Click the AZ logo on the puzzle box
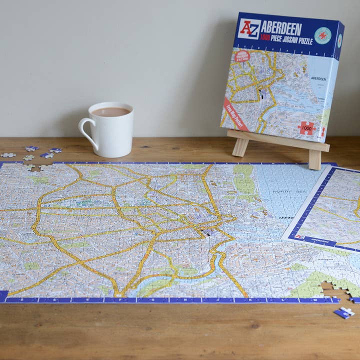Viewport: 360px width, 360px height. click(249, 29)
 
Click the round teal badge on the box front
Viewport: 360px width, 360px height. click(322, 36)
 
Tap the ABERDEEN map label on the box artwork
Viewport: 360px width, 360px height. click(318, 78)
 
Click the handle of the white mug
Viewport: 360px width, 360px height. click(86, 130)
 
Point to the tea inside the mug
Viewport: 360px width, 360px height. click(111, 112)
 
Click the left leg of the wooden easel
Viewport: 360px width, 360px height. click(239, 147)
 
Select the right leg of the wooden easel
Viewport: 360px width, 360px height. click(315, 159)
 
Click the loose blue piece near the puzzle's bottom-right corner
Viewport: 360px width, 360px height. click(344, 313)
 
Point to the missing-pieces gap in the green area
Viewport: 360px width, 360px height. click(330, 288)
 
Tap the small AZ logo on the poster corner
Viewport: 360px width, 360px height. click(299, 236)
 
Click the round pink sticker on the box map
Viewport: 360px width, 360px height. click(242, 56)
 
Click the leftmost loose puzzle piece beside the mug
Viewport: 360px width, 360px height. click(7, 155)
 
